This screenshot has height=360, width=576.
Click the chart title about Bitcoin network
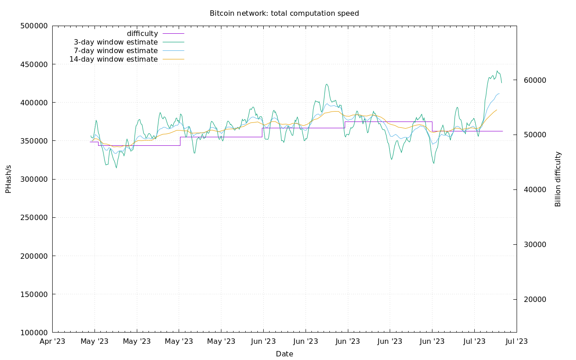tap(284, 13)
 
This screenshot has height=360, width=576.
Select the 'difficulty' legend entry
tap(142, 34)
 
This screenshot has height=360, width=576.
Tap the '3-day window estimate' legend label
tap(116, 42)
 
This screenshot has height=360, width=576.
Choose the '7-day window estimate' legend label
tap(116, 51)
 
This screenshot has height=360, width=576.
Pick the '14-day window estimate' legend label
tap(113, 59)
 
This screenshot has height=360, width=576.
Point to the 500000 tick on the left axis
tap(34, 26)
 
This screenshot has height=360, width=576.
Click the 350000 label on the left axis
tap(34, 141)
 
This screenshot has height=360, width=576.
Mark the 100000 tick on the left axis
tap(34, 333)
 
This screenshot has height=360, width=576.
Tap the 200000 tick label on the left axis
tap(34, 256)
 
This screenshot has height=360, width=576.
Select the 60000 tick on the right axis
tap(535, 80)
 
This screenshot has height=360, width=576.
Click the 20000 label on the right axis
tap(535, 299)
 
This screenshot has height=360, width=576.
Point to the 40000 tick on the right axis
tap(535, 190)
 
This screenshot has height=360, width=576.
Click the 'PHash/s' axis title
tap(8, 179)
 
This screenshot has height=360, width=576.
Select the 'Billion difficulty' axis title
tap(558, 179)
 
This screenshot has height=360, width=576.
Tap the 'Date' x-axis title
tap(284, 354)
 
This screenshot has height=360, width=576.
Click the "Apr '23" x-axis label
tap(53, 342)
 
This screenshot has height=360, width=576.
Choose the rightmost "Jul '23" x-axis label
tap(517, 342)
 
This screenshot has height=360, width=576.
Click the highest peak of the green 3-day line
tap(497, 71)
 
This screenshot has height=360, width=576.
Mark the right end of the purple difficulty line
tap(503, 131)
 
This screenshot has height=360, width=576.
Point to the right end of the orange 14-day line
tap(496, 110)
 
